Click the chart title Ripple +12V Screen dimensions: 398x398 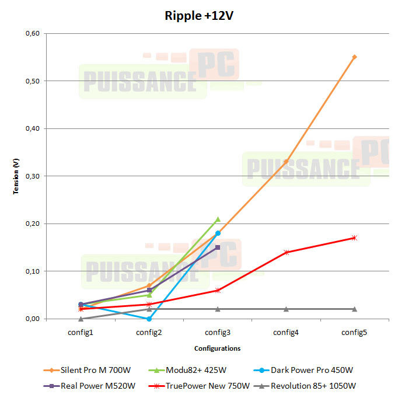coord(199,16)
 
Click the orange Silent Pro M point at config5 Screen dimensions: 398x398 coord(354,57)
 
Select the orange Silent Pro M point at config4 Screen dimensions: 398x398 coord(286,162)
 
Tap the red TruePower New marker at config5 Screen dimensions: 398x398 coord(354,238)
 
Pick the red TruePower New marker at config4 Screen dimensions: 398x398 coord(286,252)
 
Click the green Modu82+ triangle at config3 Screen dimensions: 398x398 coord(218,219)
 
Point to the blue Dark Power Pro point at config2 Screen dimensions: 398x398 coord(149,319)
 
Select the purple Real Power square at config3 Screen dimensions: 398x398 coord(218,247)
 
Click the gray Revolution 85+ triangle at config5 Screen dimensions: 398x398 coord(354,309)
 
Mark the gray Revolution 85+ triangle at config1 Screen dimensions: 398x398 coord(81,319)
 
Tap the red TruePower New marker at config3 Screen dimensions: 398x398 coord(218,290)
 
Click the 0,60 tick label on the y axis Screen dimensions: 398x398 coord(32,33)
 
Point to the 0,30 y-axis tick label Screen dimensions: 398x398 coord(32,176)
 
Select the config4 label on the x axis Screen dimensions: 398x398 coord(286,332)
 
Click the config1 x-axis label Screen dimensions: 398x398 coord(81,332)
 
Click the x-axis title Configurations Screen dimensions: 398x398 coord(217,348)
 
